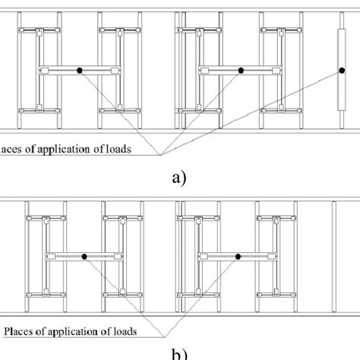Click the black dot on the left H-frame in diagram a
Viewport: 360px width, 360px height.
(79, 71)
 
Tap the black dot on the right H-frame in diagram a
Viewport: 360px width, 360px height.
(241, 71)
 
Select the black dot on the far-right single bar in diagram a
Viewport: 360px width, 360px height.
(339, 71)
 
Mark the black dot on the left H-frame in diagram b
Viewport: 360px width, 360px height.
(84, 257)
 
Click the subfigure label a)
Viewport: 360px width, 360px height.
(180, 178)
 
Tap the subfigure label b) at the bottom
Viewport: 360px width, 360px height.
(180, 354)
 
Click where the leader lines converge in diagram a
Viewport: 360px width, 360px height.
(160, 155)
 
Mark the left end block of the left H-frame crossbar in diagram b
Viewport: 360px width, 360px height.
(51, 257)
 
